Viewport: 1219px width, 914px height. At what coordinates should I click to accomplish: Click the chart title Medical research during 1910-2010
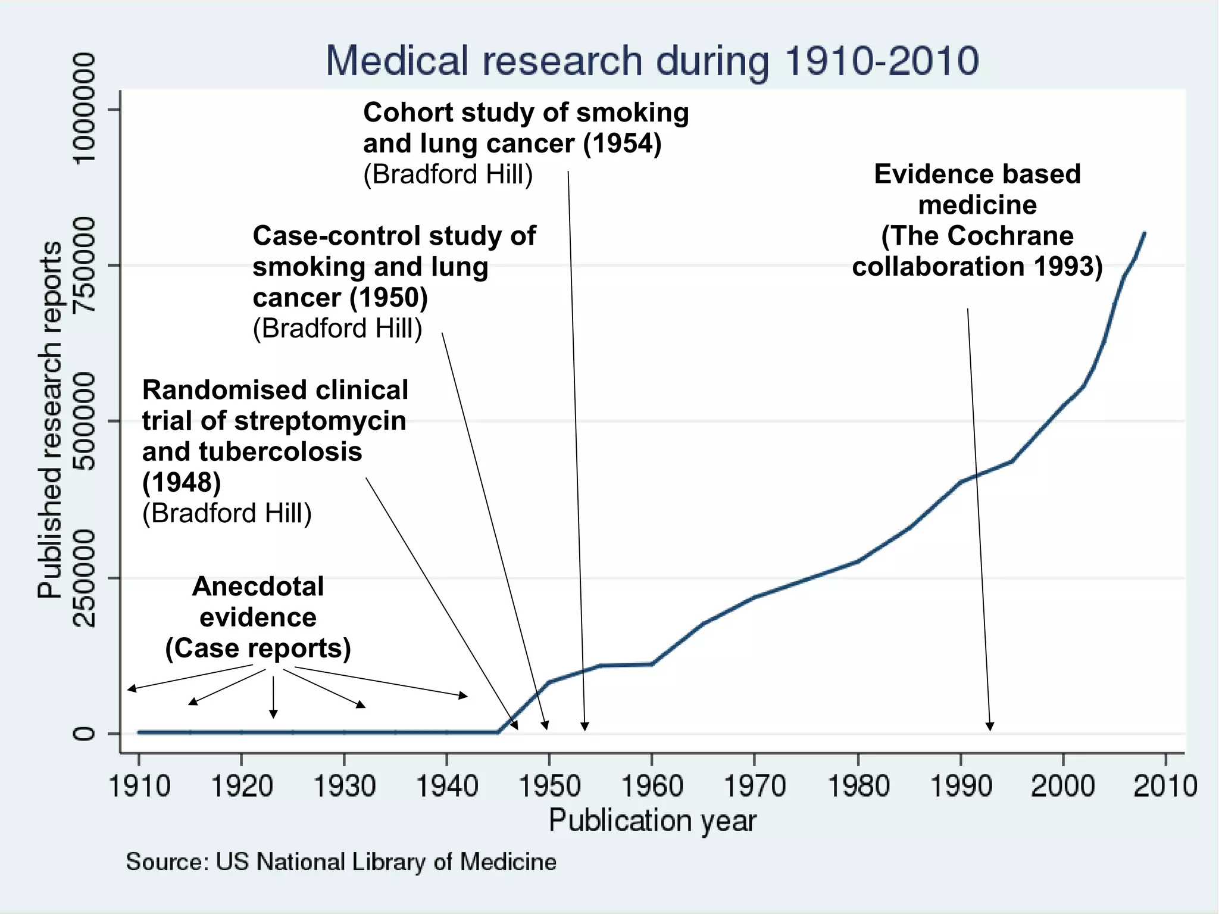(652, 61)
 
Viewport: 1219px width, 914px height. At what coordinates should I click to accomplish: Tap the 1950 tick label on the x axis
(549, 786)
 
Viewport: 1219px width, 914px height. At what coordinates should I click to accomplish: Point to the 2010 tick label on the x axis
(1165, 786)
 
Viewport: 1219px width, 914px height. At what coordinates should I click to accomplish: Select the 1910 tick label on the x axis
(139, 786)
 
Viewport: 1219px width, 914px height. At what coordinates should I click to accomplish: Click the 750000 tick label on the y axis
(83, 264)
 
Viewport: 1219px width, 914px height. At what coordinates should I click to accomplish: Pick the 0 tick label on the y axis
(83, 733)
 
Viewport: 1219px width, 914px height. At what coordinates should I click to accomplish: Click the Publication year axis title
(652, 821)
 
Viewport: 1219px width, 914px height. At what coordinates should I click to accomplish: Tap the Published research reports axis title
(50, 420)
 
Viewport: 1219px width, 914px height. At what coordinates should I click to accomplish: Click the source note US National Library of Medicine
(341, 862)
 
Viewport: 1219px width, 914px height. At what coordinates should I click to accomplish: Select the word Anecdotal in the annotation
(258, 587)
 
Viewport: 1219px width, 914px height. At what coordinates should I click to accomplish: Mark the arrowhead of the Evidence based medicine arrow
(990, 726)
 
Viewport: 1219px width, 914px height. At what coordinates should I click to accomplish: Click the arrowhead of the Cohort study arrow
(585, 726)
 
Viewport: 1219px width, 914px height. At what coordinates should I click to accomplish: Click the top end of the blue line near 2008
(1144, 233)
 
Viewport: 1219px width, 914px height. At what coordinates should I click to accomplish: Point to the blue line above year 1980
(858, 561)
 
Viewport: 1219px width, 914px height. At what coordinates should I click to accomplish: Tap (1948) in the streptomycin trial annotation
(182, 482)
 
